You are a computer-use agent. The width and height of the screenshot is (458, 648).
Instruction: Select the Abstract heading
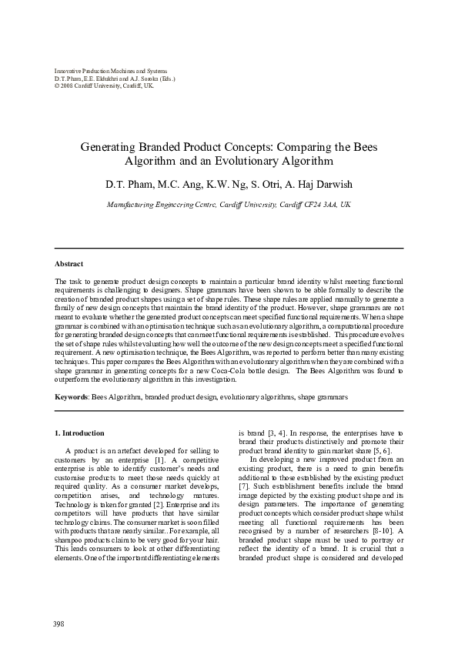click(x=70, y=263)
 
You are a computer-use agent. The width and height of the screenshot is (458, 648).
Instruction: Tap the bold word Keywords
click(x=72, y=397)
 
